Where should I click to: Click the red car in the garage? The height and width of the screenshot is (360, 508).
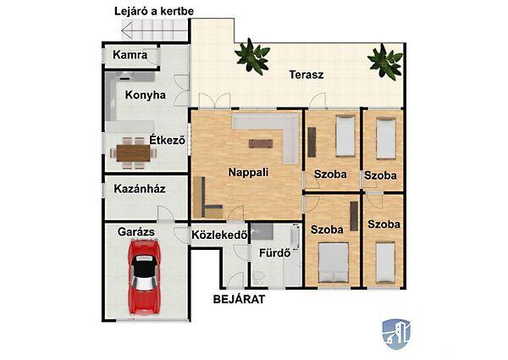[x=144, y=277]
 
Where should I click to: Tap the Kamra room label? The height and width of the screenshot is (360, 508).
[x=130, y=55]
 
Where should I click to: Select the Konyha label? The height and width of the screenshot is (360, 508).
[x=146, y=95]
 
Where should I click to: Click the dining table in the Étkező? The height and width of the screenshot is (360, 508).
[x=134, y=153]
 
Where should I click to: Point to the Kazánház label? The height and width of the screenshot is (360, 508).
[x=140, y=189]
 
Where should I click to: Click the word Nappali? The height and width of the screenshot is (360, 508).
[x=248, y=173]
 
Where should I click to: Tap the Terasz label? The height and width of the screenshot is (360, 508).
[x=306, y=75]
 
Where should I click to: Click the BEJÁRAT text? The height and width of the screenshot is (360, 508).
[x=239, y=299]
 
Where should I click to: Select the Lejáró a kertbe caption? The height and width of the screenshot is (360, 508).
[x=154, y=11]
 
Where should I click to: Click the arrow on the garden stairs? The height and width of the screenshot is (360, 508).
[x=155, y=30]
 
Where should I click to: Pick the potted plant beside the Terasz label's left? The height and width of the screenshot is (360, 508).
[x=252, y=57]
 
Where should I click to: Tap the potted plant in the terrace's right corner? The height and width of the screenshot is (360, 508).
[x=385, y=62]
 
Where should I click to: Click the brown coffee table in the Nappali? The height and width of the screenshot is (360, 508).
[x=261, y=143]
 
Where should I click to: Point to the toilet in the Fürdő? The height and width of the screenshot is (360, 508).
[x=259, y=278]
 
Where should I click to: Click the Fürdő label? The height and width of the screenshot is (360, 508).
[x=274, y=253]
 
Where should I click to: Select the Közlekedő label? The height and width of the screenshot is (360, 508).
[x=219, y=235]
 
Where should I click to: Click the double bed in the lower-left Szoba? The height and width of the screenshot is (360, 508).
[x=334, y=263]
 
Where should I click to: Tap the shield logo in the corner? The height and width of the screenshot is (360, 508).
[x=396, y=335]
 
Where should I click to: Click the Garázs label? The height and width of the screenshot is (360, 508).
[x=136, y=232]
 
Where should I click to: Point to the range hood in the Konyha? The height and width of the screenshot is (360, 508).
[x=124, y=77]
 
